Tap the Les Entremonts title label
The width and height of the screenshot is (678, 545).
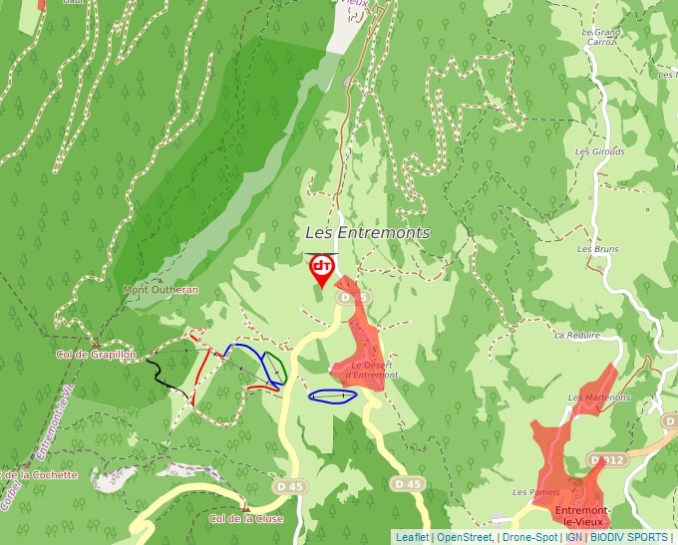coord(367,232)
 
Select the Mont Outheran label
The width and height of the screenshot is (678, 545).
coord(161,290)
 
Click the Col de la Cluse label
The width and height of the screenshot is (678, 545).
coord(246,518)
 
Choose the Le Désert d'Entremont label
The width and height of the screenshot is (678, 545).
coord(374,370)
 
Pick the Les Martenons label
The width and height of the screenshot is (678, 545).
coord(599,398)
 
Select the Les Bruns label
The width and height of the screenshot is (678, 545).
coord(599,248)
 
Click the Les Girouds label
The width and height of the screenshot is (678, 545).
coord(600,151)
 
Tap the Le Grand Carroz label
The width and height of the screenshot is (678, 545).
coord(601,37)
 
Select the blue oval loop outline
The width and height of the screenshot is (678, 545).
coord(333,397)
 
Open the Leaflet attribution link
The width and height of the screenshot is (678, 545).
coord(412,537)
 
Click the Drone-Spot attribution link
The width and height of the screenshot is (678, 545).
coord(529,537)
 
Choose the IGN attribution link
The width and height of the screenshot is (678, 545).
coord(573,537)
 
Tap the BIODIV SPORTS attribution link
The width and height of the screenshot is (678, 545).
coord(629,537)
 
